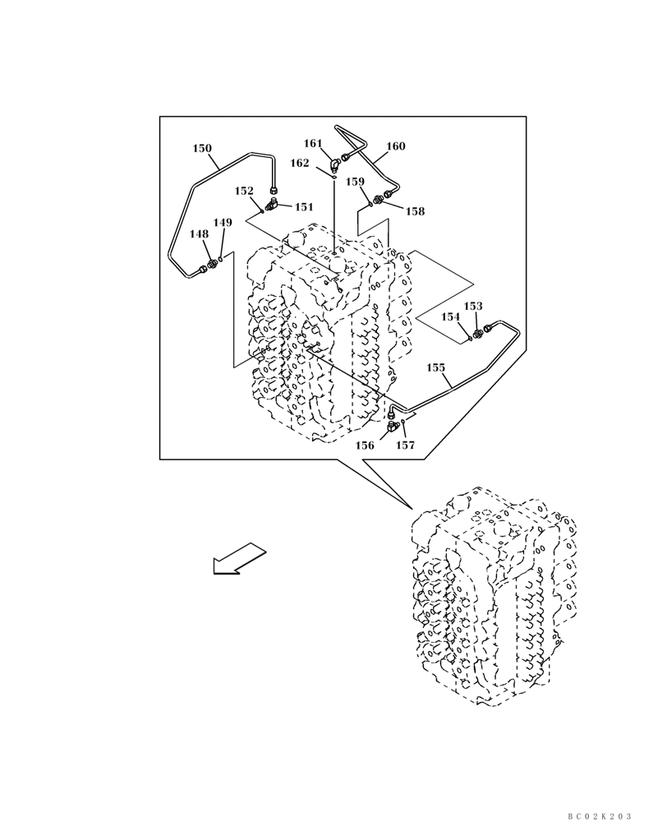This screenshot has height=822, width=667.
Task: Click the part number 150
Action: click(x=202, y=149)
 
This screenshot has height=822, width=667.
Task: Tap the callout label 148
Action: click(x=199, y=234)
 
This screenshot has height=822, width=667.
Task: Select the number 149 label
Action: click(x=223, y=223)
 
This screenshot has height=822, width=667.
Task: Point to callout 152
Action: click(x=244, y=191)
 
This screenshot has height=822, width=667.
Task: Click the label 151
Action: click(x=304, y=207)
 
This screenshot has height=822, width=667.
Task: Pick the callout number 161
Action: click(x=313, y=144)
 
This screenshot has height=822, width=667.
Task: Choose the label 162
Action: click(x=300, y=163)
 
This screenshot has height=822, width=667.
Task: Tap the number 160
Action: click(x=395, y=146)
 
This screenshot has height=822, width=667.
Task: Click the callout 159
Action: click(x=355, y=182)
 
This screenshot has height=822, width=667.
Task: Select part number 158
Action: click(x=415, y=211)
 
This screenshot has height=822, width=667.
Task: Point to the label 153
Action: click(x=473, y=306)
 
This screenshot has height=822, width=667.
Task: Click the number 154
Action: click(x=451, y=316)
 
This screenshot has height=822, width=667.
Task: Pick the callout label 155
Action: click(x=436, y=367)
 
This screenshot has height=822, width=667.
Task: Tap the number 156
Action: click(x=365, y=446)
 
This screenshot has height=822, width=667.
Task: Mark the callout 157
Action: click(x=405, y=446)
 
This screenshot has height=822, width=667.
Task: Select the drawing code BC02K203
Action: click(x=599, y=815)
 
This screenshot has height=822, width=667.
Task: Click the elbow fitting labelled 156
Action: click(x=392, y=426)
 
